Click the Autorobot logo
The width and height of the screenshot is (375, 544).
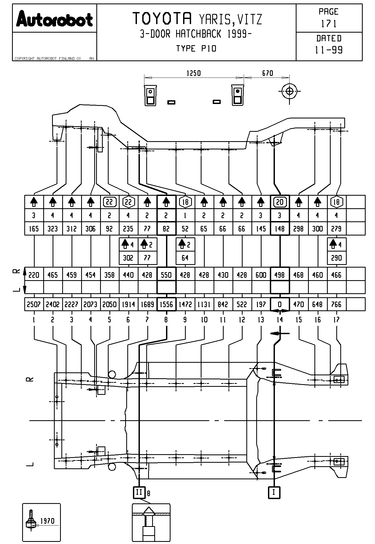[54, 19]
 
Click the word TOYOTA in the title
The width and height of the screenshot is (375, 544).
[162, 18]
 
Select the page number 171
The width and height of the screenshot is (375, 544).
[329, 24]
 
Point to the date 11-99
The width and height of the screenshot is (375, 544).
[329, 50]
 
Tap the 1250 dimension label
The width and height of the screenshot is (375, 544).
[194, 73]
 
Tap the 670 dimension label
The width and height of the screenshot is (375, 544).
[267, 73]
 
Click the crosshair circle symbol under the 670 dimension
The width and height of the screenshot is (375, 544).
[289, 91]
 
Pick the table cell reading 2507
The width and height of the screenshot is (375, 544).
[34, 304]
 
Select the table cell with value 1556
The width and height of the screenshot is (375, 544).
[166, 304]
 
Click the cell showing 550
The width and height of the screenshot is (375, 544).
[166, 275]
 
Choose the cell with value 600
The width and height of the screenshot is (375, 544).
[261, 275]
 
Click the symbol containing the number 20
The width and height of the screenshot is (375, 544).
[280, 202]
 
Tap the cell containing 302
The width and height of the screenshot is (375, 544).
[128, 258]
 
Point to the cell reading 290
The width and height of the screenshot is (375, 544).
[337, 258]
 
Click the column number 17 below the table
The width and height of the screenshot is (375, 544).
[337, 320]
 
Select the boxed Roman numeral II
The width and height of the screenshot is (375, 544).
[139, 492]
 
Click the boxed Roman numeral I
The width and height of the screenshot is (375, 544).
[274, 492]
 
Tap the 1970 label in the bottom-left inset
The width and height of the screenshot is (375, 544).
[48, 521]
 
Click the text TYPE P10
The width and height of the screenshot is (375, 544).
[196, 49]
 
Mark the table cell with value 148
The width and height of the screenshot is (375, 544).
[280, 229]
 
